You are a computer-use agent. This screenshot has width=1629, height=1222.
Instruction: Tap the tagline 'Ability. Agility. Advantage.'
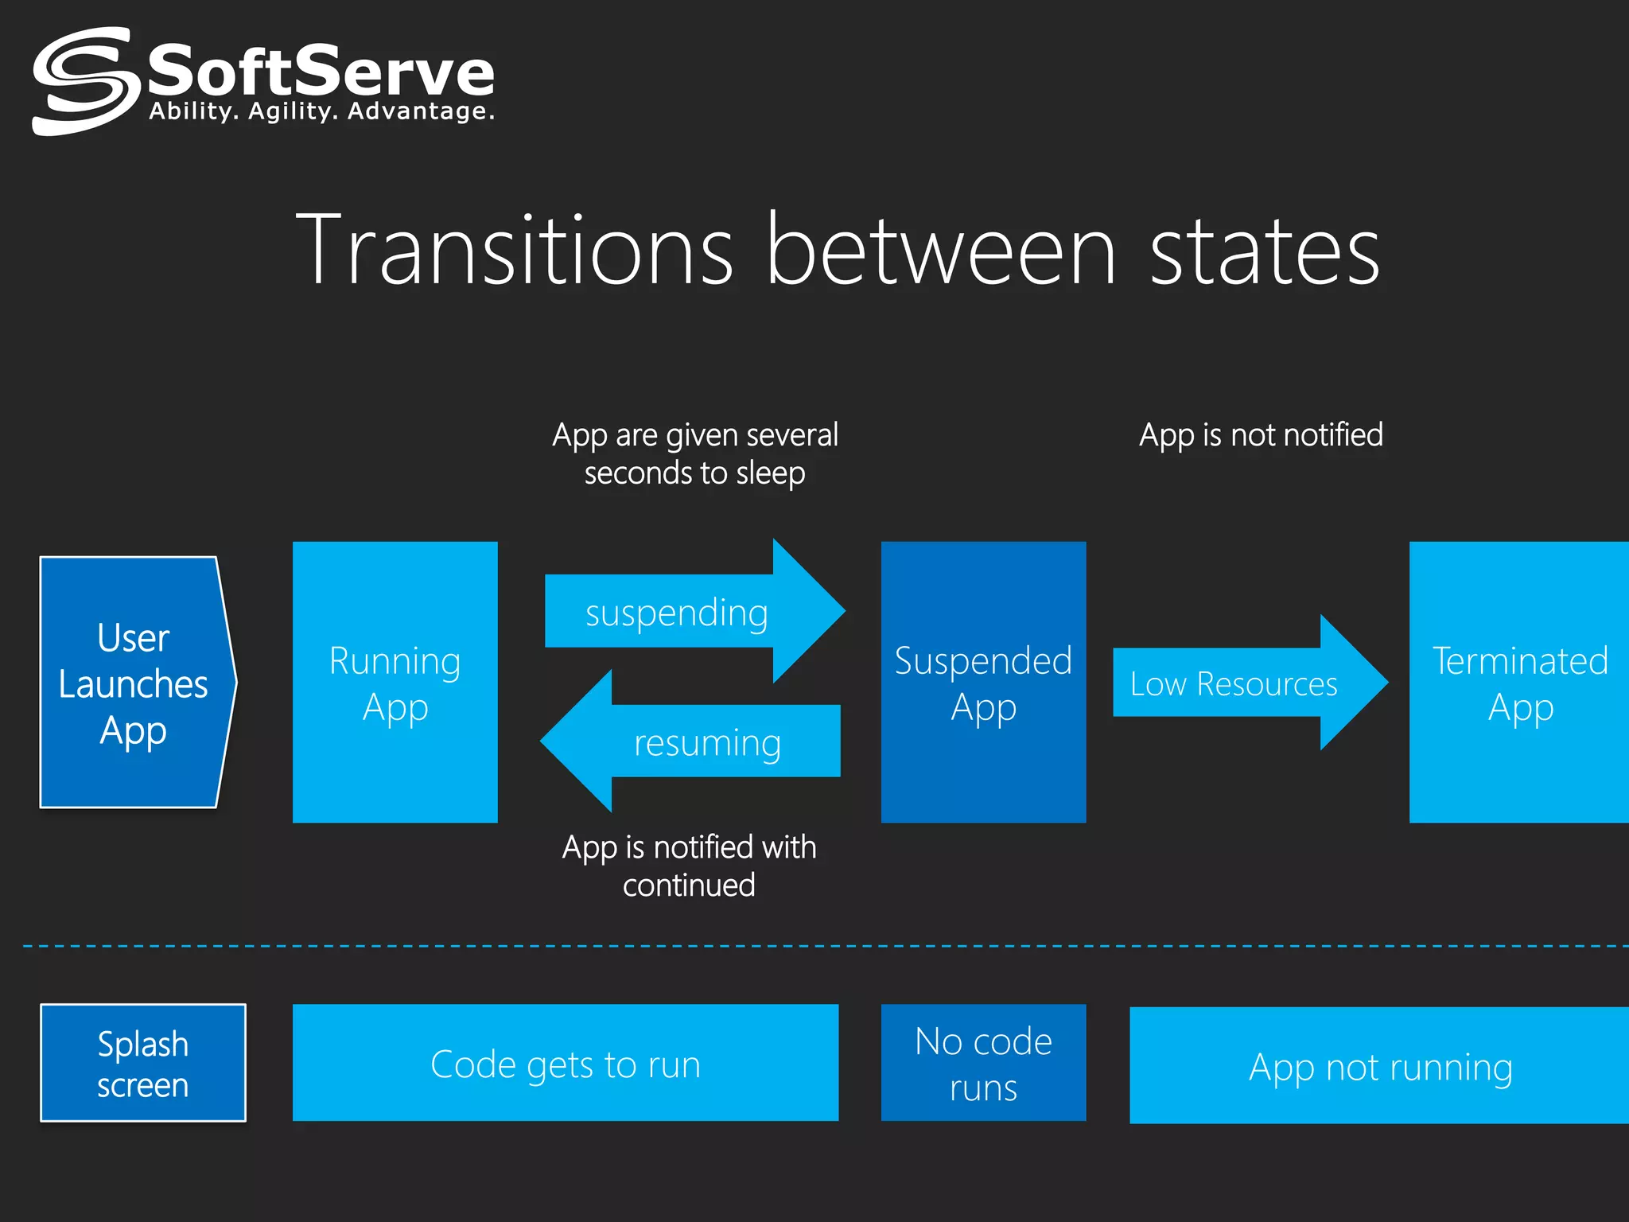[321, 111]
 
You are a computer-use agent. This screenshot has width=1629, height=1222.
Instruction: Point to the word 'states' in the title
[1265, 251]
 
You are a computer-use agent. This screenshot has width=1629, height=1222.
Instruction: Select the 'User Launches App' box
[134, 683]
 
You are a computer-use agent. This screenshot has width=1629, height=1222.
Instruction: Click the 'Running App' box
[395, 683]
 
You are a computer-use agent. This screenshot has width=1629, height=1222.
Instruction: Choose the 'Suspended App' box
[983, 683]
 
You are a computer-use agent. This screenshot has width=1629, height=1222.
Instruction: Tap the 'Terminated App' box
[1519, 683]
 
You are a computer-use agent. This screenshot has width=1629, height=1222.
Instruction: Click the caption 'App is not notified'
[1261, 435]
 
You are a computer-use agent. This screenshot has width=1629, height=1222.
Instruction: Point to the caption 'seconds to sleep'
[694, 473]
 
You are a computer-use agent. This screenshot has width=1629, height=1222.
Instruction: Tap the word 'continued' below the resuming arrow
[689, 885]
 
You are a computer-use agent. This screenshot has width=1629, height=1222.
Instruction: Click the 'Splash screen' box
[143, 1063]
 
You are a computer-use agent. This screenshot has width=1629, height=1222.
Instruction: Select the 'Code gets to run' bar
[565, 1063]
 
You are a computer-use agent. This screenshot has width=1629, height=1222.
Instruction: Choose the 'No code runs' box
[983, 1063]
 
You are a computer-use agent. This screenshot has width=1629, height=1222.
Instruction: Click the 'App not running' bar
[1379, 1066]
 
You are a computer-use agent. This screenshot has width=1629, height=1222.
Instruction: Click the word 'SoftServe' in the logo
[321, 72]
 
